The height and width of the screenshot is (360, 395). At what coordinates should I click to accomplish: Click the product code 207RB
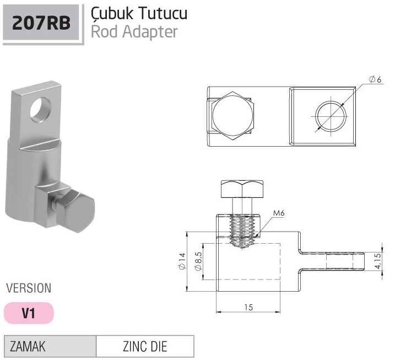[41, 23]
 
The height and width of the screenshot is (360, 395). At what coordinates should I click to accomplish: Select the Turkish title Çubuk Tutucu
[139, 13]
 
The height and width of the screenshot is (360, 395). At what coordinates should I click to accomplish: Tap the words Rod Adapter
[134, 32]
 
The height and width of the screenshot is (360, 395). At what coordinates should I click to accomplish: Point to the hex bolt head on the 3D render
[75, 211]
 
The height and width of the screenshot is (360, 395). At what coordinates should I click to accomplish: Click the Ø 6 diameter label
[375, 79]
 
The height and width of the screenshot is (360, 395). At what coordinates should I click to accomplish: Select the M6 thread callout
[279, 213]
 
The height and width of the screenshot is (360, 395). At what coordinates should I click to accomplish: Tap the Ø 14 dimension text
[182, 261]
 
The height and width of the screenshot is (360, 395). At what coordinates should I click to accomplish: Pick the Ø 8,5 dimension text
[198, 261]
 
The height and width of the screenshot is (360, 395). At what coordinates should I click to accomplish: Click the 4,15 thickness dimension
[378, 261]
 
